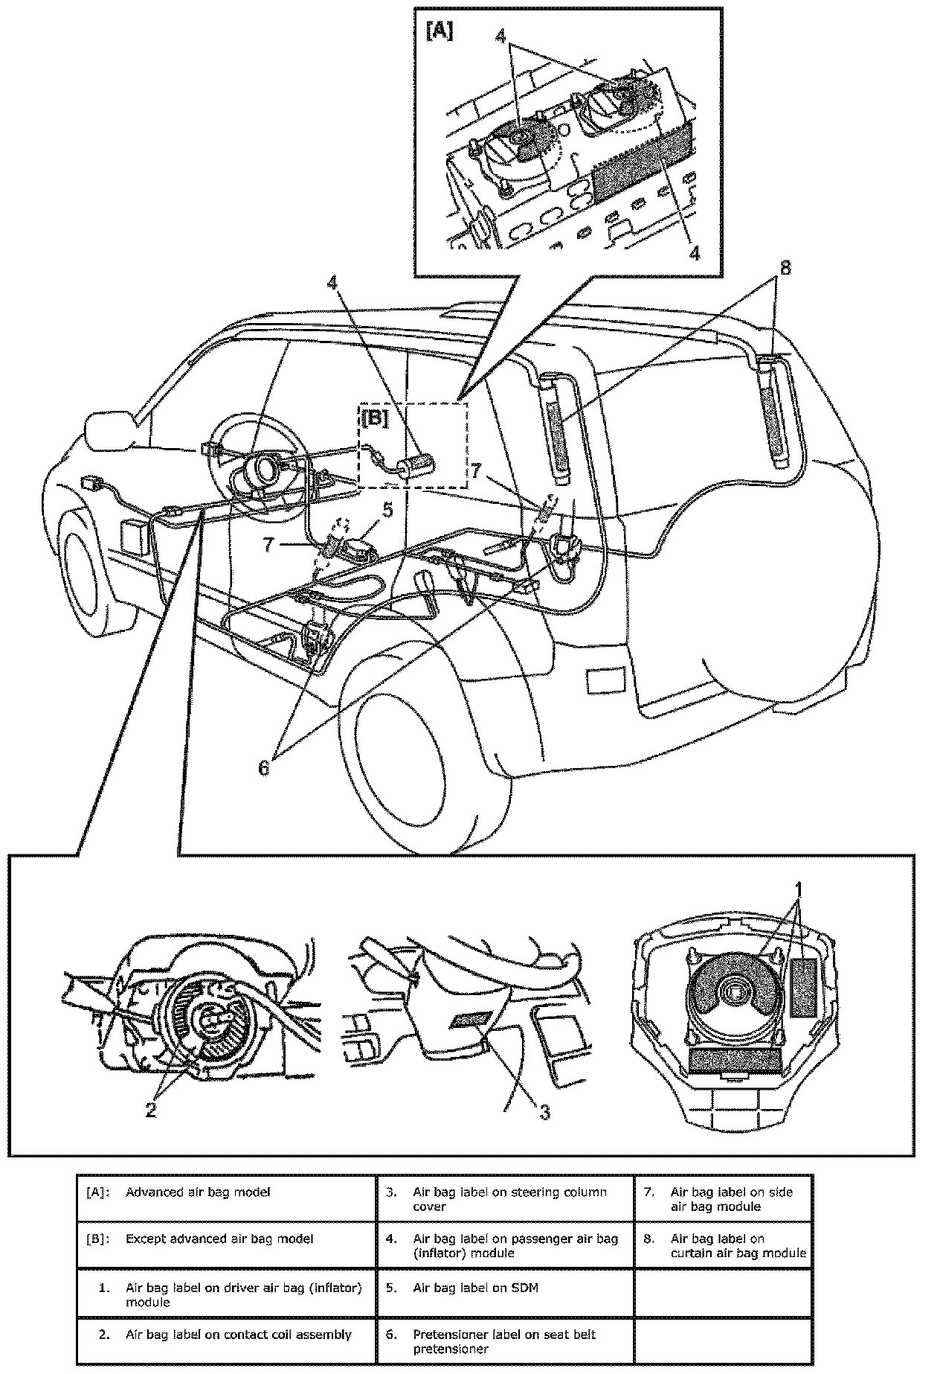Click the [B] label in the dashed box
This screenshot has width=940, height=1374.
tap(376, 419)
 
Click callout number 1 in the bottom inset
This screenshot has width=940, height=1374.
tap(798, 890)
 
